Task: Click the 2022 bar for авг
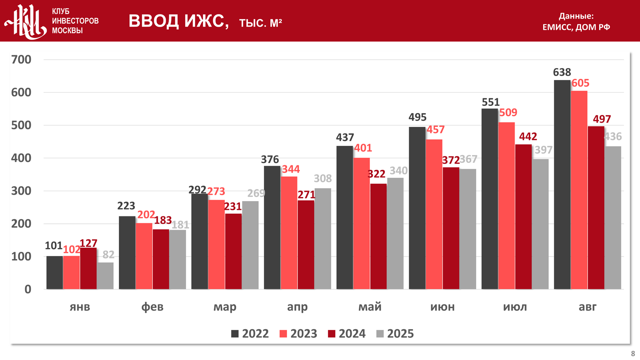(x=562, y=185)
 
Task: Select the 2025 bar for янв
(x=105, y=276)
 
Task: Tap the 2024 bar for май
(x=378, y=236)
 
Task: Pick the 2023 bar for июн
(x=434, y=214)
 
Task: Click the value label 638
(x=562, y=72)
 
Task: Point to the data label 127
(x=88, y=243)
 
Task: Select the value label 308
(x=323, y=178)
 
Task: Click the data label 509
(x=508, y=112)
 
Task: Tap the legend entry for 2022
(x=250, y=334)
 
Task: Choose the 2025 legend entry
(x=395, y=334)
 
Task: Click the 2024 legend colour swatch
(x=332, y=334)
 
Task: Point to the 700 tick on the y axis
(x=21, y=59)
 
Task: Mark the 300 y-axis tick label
(x=21, y=191)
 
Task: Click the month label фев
(x=152, y=307)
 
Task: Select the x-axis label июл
(x=515, y=307)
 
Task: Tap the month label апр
(x=298, y=307)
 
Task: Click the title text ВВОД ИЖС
(x=178, y=21)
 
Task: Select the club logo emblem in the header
(x=26, y=22)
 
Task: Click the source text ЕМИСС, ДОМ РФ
(x=576, y=27)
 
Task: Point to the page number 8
(x=633, y=354)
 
